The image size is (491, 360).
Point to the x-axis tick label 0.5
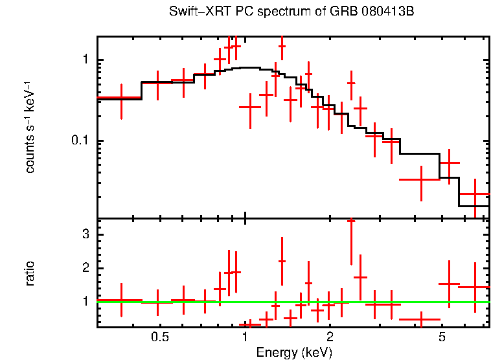[159, 337]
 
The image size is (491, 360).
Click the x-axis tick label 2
[330, 337]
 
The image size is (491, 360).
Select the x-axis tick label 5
[442, 337]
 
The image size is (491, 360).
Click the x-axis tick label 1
[245, 337]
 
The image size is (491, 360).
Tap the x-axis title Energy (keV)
[294, 352]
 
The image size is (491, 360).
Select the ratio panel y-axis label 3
[84, 234]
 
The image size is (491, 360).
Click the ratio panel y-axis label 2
[84, 268]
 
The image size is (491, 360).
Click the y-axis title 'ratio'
[30, 273]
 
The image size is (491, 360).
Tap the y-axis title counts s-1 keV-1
[30, 127]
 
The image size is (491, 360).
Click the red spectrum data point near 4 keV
[420, 179]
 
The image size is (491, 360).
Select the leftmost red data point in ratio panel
[121, 300]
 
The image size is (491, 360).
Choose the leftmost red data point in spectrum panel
[121, 98]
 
